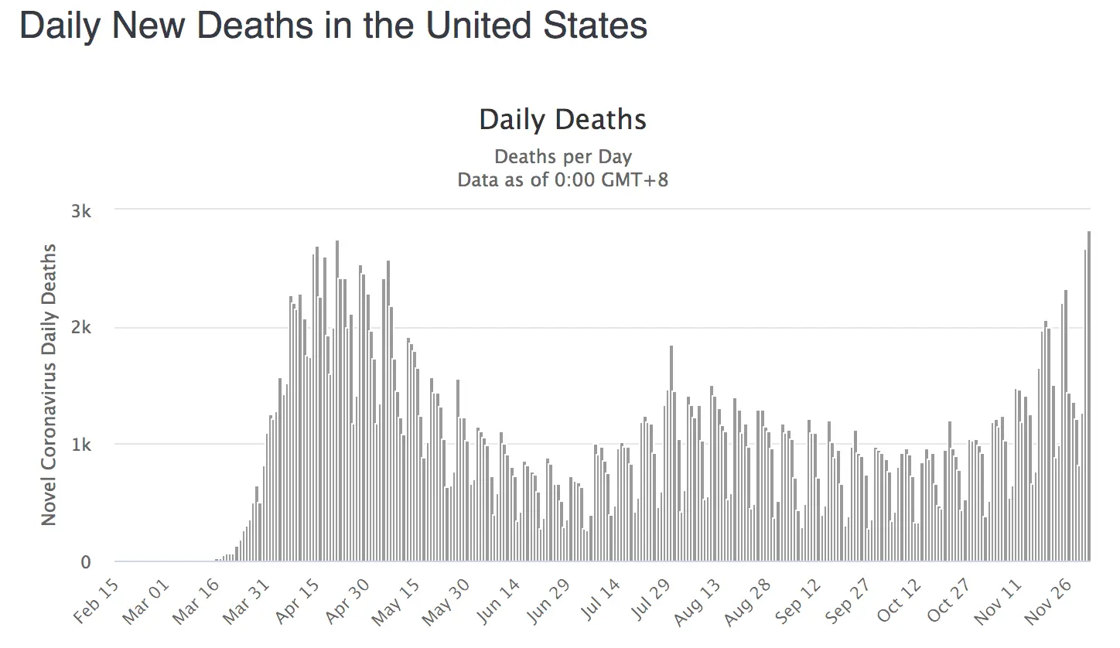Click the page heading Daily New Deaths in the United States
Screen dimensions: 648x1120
[x=333, y=26]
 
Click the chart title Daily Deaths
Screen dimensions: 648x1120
[x=562, y=120]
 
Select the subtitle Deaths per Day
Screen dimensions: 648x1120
[x=562, y=157]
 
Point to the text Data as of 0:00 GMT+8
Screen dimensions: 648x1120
[x=562, y=180]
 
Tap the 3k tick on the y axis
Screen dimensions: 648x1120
[x=81, y=212]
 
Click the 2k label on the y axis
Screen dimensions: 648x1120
[x=81, y=329]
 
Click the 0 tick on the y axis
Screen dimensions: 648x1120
[x=86, y=563]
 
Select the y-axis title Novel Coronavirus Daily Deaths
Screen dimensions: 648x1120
[x=50, y=384]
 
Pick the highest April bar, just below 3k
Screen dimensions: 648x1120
[x=337, y=401]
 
